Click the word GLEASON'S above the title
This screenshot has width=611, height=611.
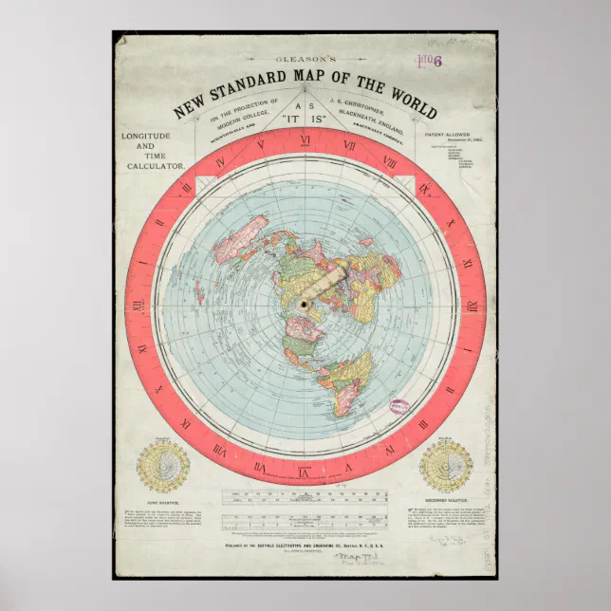pyautogui.click(x=303, y=60)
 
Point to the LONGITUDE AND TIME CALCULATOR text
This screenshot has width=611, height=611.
pyautogui.click(x=153, y=150)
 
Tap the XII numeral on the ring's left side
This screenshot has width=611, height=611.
pyautogui.click(x=139, y=305)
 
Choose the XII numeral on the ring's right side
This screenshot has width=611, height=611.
pyautogui.click(x=472, y=305)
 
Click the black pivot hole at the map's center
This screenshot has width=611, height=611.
pyautogui.click(x=305, y=305)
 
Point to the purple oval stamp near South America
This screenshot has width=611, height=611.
pyautogui.click(x=395, y=379)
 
